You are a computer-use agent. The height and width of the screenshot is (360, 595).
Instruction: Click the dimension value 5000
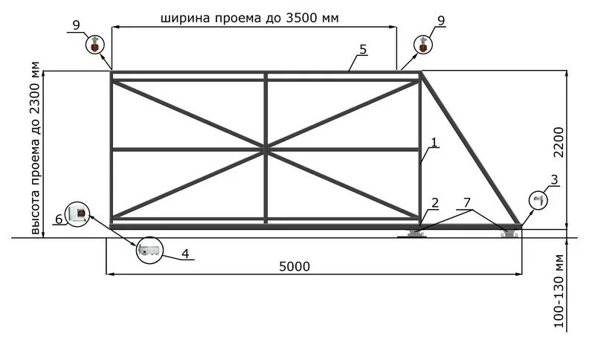click(x=296, y=266)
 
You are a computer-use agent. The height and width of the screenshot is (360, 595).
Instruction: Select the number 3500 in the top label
click(x=292, y=18)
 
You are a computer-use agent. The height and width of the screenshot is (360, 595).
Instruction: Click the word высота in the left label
click(x=36, y=207)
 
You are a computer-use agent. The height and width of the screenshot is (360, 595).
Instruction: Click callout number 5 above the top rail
click(x=362, y=49)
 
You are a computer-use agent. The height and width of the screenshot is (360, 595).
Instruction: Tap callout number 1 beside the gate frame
click(x=434, y=141)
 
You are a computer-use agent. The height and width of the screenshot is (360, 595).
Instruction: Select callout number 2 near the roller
click(x=435, y=202)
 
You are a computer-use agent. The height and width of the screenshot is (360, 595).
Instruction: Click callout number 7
click(x=466, y=202)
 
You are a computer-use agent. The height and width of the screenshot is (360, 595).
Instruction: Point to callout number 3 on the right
click(x=554, y=179)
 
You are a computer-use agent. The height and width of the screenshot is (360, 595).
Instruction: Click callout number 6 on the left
click(x=59, y=219)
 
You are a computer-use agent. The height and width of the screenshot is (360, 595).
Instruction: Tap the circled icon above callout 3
click(x=539, y=200)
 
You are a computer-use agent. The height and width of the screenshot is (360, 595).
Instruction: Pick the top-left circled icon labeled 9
click(x=94, y=45)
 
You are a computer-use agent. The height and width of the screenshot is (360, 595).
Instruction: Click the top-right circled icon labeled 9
click(x=423, y=45)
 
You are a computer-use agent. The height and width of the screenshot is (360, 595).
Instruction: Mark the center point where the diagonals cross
click(x=266, y=150)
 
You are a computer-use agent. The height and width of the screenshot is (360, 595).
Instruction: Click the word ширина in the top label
click(x=184, y=18)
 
